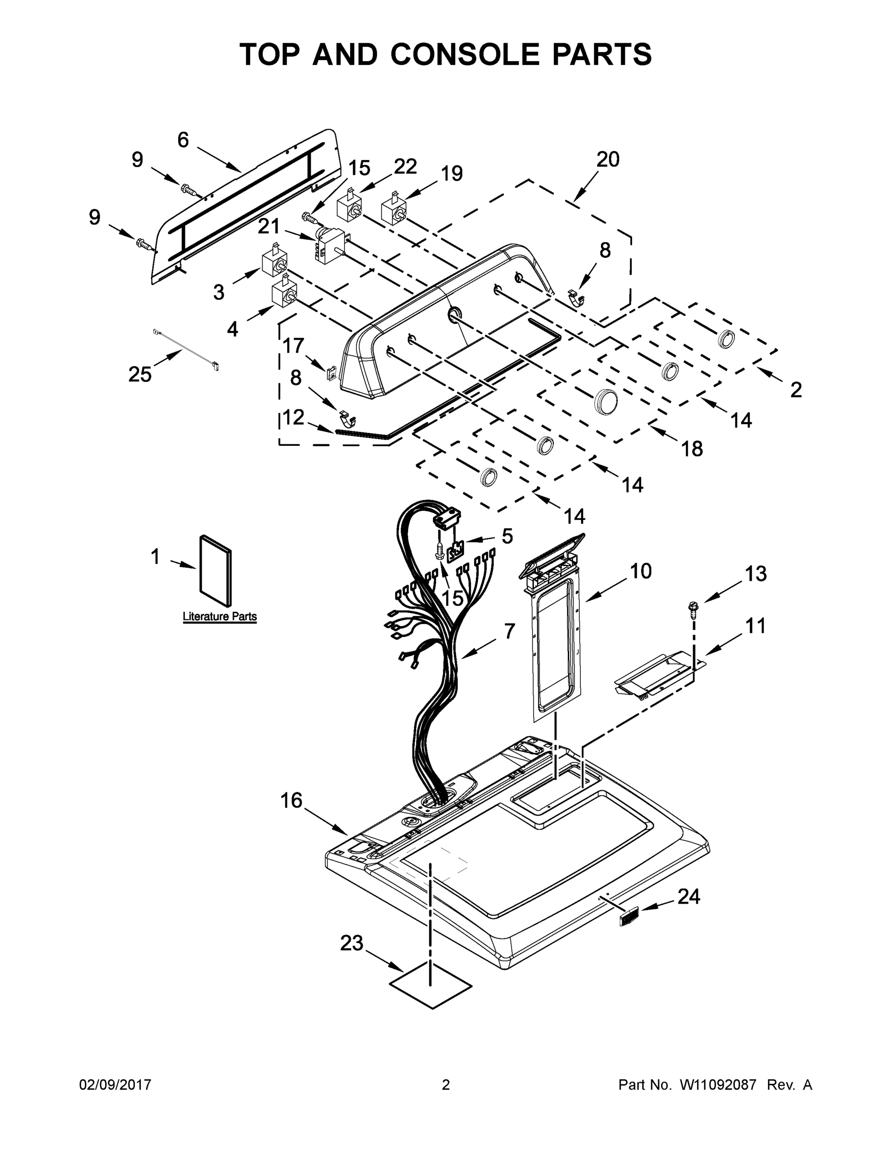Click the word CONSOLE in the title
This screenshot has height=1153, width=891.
tap(466, 54)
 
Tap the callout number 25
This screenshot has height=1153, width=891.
tap(140, 374)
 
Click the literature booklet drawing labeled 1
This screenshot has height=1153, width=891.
tap(215, 571)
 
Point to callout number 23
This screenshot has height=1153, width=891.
tap(352, 943)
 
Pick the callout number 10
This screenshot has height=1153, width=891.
tap(641, 571)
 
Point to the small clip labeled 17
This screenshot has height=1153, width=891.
tap(331, 373)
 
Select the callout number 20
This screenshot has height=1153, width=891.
tap(608, 159)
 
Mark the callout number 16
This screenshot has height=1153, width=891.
tap(291, 800)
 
